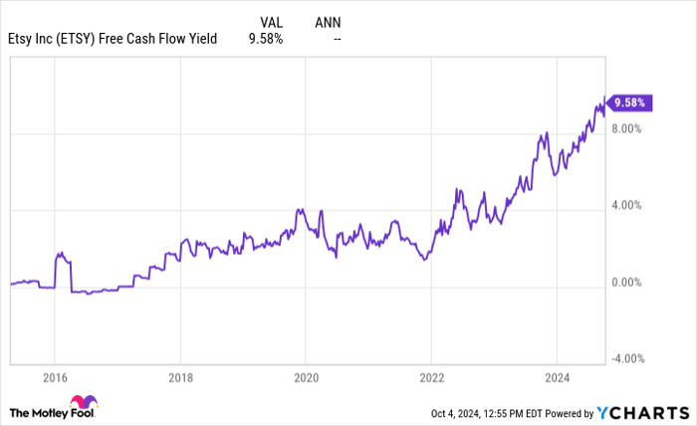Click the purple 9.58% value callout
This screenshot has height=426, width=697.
click(630, 102)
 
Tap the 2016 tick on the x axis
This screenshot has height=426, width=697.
click(55, 378)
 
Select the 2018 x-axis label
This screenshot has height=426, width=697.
click(180, 378)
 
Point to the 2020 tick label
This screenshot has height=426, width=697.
click(306, 378)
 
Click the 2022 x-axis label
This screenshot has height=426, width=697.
click(431, 378)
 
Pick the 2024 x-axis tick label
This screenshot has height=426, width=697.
click(557, 378)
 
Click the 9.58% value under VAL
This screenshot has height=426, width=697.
click(266, 39)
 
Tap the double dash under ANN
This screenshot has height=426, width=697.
click(338, 39)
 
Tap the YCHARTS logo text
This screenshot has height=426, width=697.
click(647, 412)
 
